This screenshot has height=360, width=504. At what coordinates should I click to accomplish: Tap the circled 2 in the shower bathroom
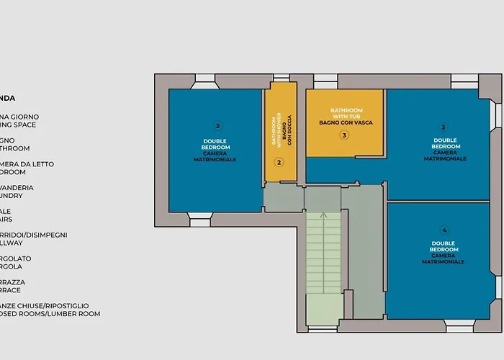pos(279,162)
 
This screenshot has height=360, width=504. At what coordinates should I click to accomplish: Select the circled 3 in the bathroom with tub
pos(344,135)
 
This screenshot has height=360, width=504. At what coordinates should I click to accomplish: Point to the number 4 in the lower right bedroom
pos(444,230)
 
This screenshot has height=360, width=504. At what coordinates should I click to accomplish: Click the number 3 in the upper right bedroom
pos(443,127)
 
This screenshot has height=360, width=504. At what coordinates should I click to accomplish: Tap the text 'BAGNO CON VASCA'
pos(346,123)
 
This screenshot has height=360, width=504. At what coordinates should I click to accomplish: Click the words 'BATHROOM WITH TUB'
pos(346,113)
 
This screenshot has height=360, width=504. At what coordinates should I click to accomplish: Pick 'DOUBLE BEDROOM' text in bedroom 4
pos(444,246)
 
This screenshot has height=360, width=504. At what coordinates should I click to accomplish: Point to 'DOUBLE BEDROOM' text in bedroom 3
pos(446,143)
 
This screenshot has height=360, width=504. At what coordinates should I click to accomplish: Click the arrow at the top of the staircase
pos(324,214)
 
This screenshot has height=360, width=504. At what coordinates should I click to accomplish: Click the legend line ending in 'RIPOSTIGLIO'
pos(50,306)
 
